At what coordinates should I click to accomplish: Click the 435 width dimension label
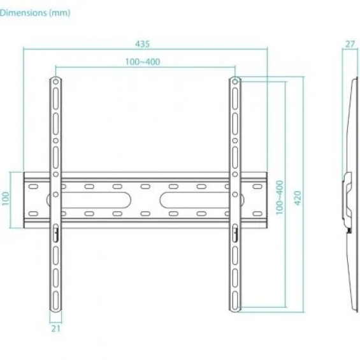point(142,43)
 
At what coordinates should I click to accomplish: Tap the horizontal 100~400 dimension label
point(143,62)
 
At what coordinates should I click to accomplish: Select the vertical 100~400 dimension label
point(280,198)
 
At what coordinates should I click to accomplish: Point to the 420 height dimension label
point(298,198)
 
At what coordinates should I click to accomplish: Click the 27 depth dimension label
point(350,44)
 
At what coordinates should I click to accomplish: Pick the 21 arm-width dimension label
point(56,329)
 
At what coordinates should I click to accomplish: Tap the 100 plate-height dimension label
point(6,198)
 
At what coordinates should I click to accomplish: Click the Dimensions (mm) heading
point(35,13)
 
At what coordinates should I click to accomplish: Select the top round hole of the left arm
point(55,82)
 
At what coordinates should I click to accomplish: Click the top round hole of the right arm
point(235,82)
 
